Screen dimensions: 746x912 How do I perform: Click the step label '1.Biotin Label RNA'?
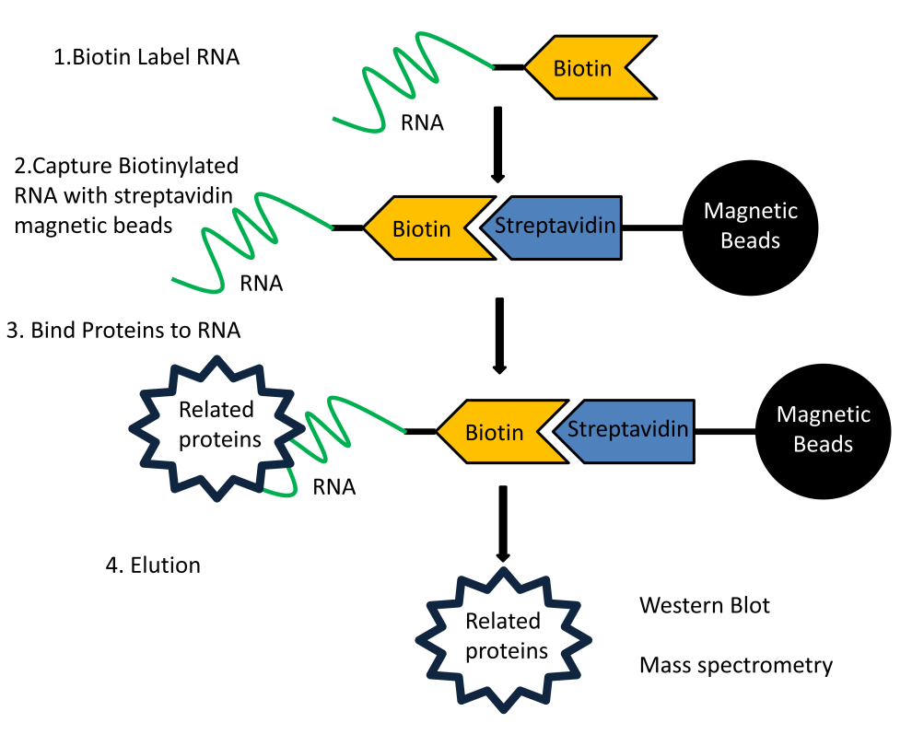(146, 57)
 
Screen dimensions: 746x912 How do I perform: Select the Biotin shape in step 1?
(585, 67)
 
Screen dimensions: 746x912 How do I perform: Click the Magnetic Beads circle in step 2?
(750, 226)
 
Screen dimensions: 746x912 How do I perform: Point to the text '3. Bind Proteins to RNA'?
(123, 331)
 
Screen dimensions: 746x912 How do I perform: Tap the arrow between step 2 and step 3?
(498, 335)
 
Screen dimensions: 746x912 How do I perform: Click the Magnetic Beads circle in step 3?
(823, 430)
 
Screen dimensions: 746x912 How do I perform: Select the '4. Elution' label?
(153, 565)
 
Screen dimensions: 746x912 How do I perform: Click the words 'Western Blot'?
(705, 605)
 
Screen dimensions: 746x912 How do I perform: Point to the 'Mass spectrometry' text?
(736, 665)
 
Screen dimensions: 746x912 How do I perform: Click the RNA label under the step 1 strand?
(422, 122)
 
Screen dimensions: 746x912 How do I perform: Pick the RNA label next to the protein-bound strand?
(333, 487)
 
